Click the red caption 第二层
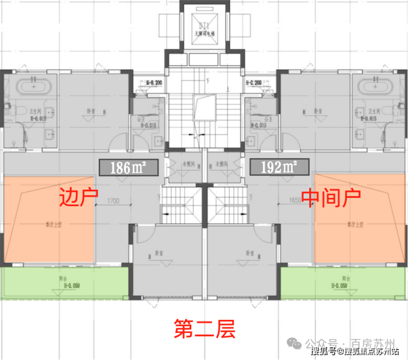[205, 329]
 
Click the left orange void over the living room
[49, 219]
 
